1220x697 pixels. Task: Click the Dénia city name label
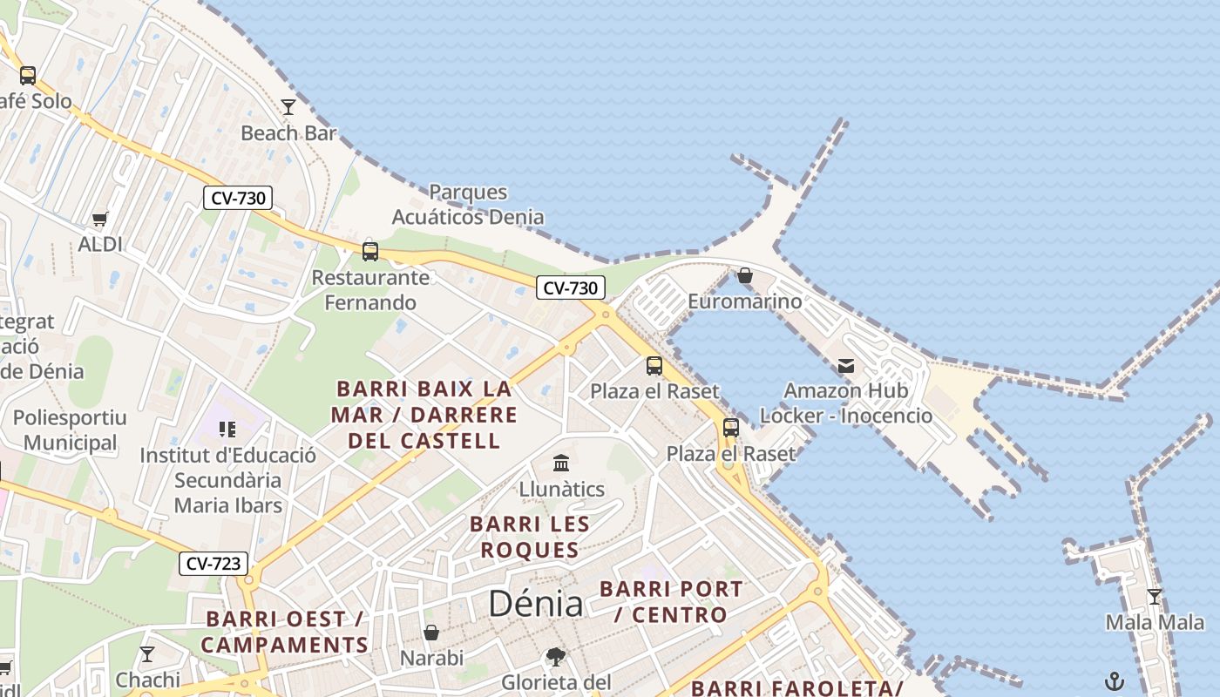click(535, 603)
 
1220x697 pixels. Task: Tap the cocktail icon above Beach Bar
click(288, 106)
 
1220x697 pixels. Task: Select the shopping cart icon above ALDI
click(100, 219)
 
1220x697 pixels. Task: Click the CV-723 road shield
click(213, 564)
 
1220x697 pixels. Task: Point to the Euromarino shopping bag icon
click(745, 275)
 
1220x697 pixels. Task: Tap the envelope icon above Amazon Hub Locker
click(845, 366)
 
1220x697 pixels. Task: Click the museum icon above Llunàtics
click(561, 463)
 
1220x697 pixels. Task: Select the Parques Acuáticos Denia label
click(468, 204)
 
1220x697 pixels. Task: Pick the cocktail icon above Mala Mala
click(1155, 597)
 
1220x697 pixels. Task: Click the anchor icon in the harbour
click(1115, 680)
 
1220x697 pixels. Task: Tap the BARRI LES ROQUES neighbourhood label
click(530, 537)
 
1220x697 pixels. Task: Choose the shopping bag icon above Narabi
click(431, 632)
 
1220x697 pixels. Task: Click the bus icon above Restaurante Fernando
click(370, 252)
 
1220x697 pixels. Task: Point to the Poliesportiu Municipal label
click(70, 430)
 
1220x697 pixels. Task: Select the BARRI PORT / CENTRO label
click(671, 601)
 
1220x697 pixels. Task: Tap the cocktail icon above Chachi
click(147, 653)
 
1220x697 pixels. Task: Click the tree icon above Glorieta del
click(556, 656)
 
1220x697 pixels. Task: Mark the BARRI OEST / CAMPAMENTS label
click(285, 632)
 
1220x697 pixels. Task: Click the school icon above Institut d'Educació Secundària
click(227, 429)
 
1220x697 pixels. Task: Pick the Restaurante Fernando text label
click(370, 290)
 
